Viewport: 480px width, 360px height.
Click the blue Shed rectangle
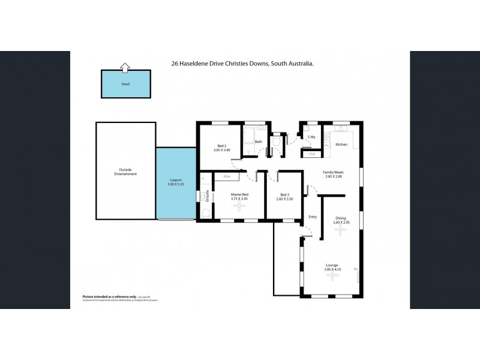click(125, 85)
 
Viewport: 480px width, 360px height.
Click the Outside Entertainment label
click(125, 172)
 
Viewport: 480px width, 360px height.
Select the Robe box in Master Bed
click(227, 177)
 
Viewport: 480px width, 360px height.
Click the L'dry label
click(311, 137)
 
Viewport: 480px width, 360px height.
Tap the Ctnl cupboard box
click(312, 154)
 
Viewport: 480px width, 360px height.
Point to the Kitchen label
click(341, 145)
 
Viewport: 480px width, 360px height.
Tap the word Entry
click(312, 217)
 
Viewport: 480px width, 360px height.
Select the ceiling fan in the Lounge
click(331, 279)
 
